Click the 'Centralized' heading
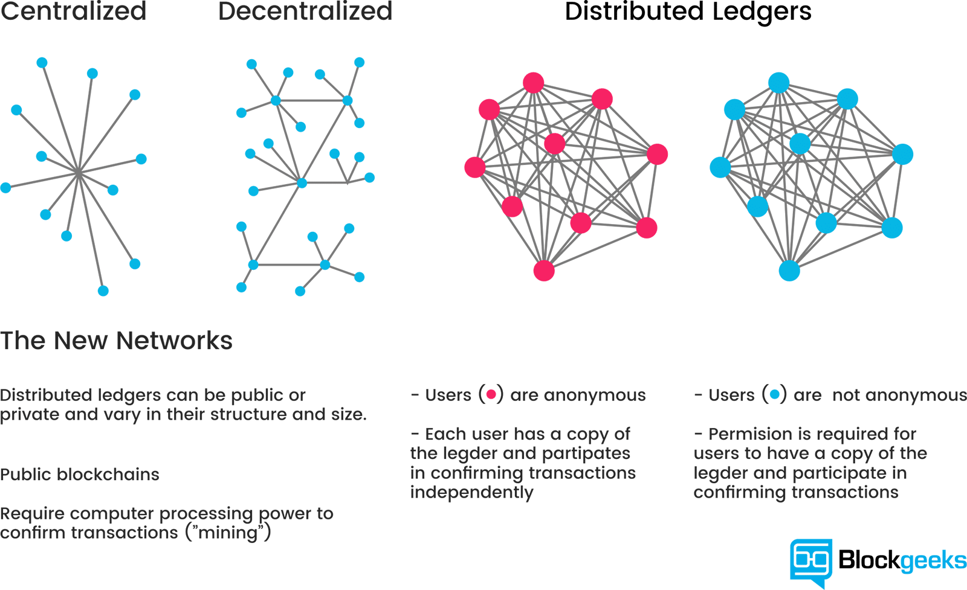tap(73, 11)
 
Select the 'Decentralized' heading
tap(305, 11)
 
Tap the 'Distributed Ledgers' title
tap(688, 12)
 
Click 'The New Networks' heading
tap(116, 341)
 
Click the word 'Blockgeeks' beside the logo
tap(902, 560)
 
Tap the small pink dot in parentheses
tap(491, 395)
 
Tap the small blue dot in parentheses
tap(775, 395)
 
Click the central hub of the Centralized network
tap(79, 173)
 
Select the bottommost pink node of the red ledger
tap(544, 271)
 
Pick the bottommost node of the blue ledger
tap(789, 271)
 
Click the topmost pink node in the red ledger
tap(534, 83)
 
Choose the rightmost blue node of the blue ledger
tap(902, 154)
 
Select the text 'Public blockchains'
tap(80, 475)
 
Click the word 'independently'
tap(471, 492)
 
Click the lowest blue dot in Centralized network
tap(103, 291)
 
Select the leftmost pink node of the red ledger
tap(475, 167)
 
